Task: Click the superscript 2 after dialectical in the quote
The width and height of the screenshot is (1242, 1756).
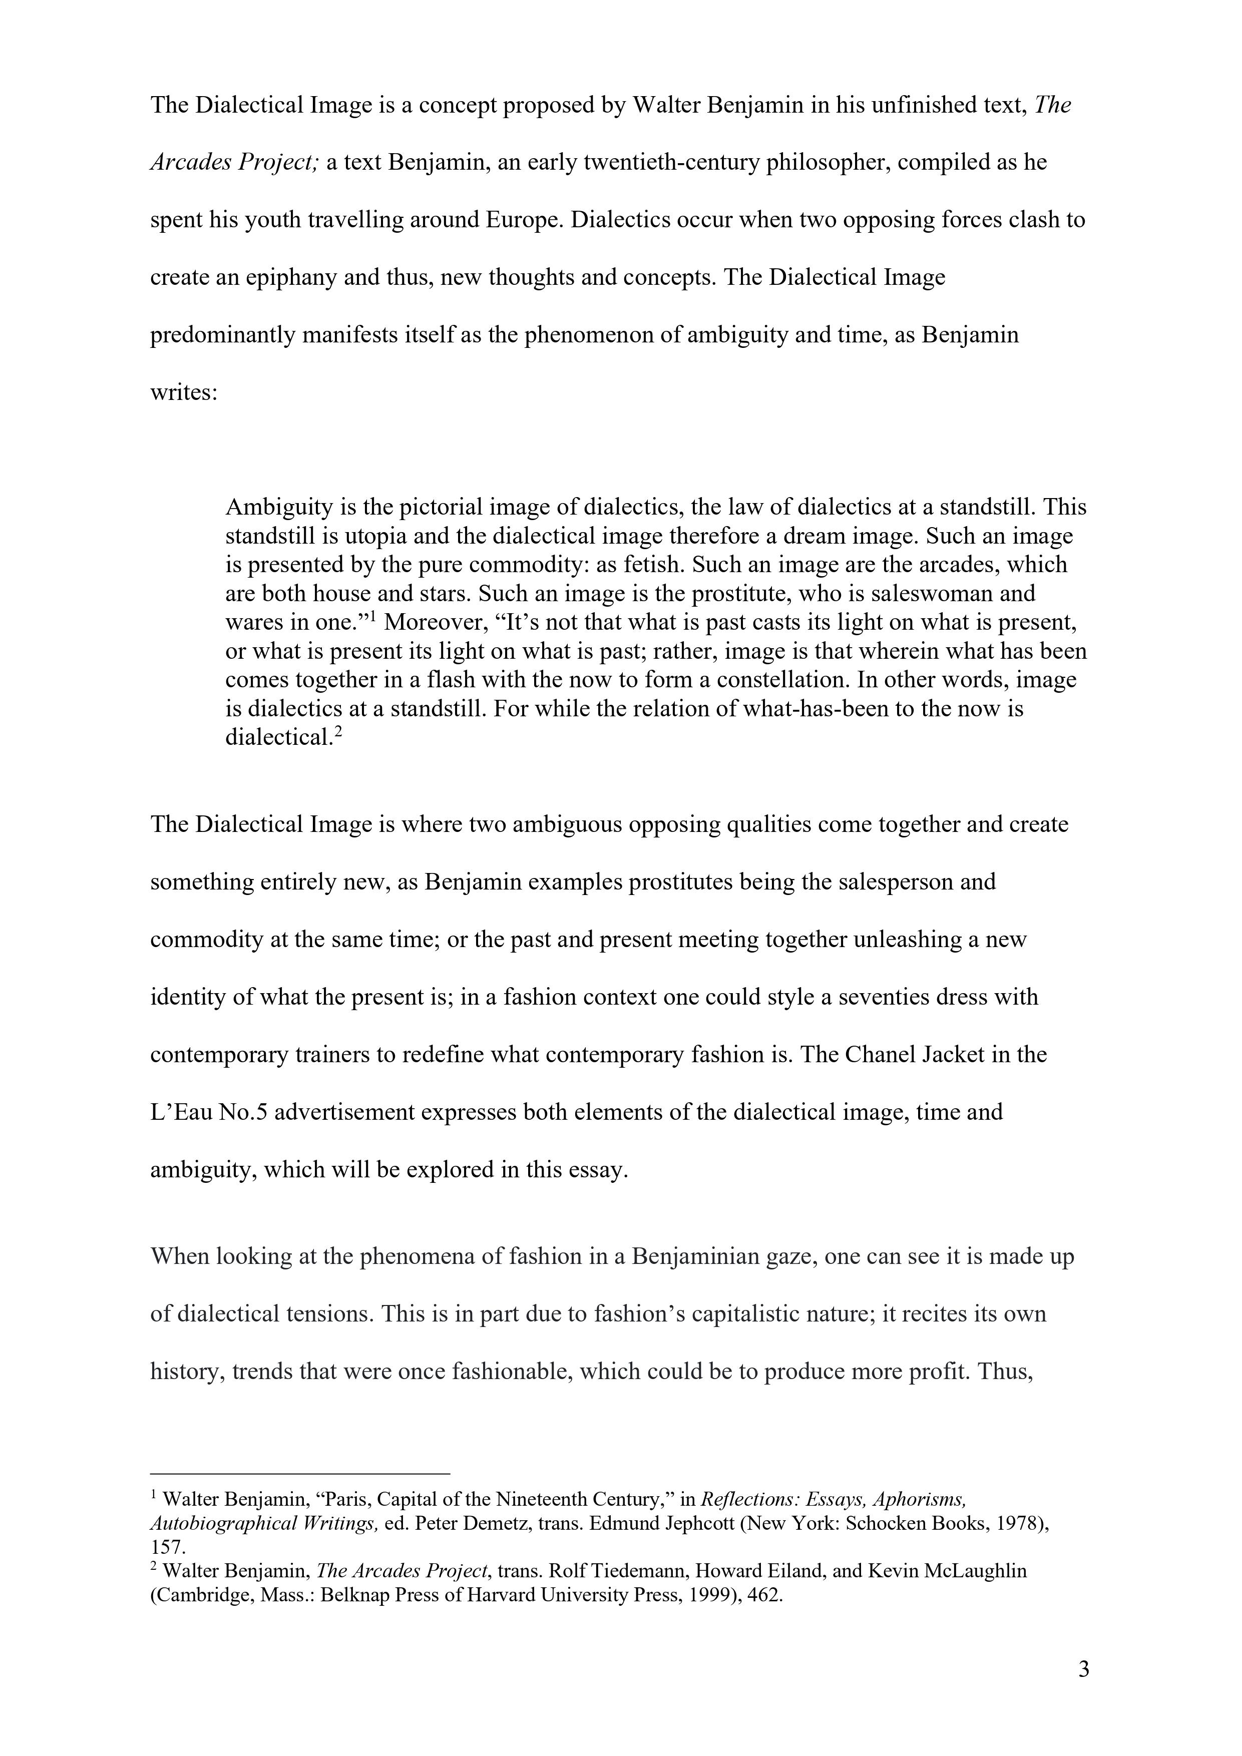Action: click(x=338, y=732)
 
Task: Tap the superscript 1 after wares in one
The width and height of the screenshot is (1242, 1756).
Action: click(x=374, y=616)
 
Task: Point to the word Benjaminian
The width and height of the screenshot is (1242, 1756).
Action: click(x=694, y=1256)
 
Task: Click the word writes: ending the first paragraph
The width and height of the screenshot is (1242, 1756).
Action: click(x=184, y=393)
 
